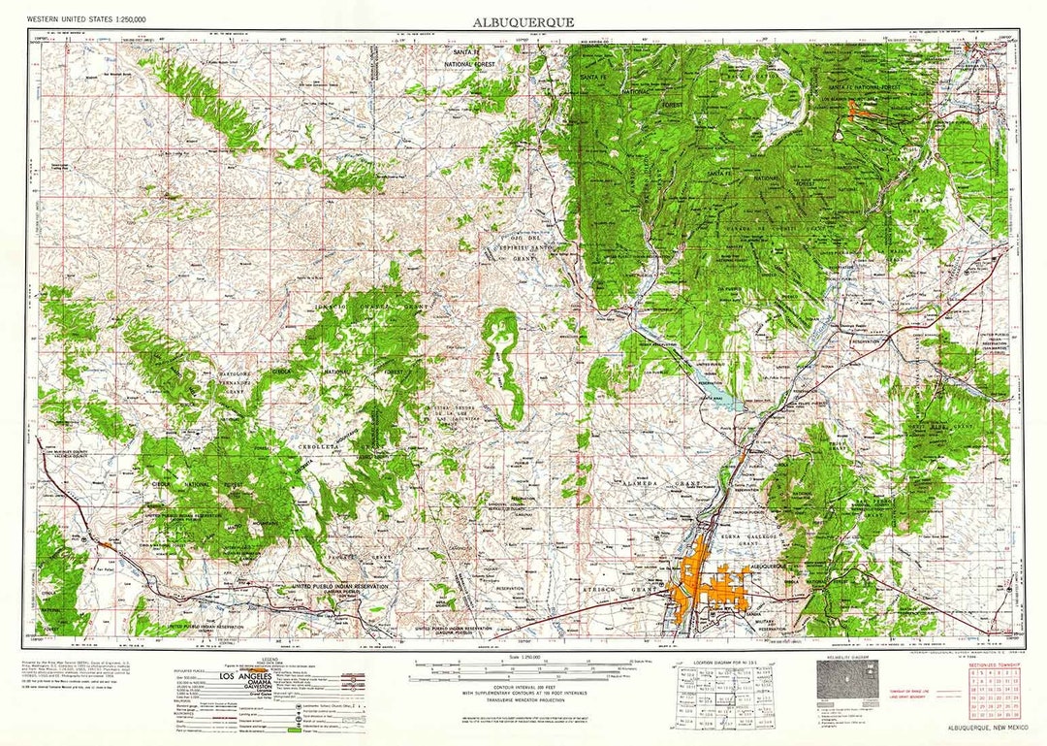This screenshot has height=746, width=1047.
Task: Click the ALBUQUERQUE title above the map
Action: pyautogui.click(x=523, y=21)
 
